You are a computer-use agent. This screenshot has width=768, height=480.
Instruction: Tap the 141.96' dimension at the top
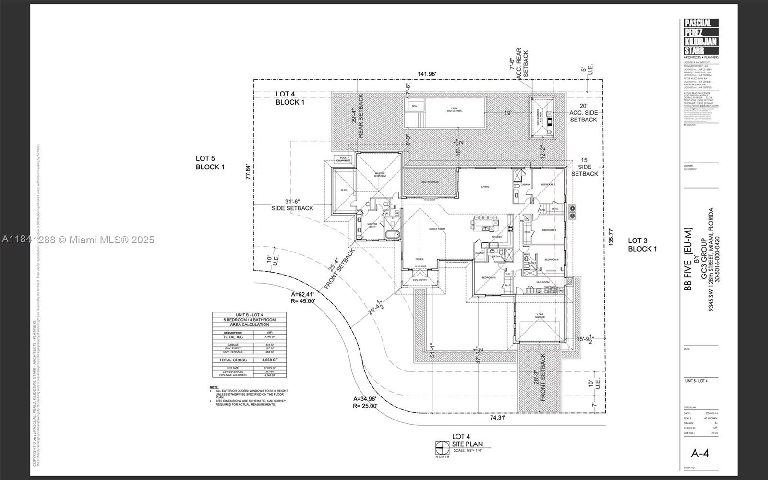click(427, 74)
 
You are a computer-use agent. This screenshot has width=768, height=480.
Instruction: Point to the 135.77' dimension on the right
click(611, 237)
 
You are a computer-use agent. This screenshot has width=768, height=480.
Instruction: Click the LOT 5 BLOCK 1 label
click(210, 163)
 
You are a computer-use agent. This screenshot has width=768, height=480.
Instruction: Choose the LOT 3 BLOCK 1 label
click(642, 244)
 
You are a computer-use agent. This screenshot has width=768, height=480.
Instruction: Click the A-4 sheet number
click(699, 453)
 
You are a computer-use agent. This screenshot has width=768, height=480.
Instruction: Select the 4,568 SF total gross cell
click(270, 360)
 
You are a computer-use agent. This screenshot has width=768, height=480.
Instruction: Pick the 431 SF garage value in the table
click(269, 345)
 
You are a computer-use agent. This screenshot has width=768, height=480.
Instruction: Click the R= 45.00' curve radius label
click(303, 301)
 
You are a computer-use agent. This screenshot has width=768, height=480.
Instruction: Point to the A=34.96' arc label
click(365, 398)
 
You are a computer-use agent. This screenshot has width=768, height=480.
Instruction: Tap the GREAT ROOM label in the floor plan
click(437, 229)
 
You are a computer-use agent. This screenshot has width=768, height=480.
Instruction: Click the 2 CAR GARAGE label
click(540, 316)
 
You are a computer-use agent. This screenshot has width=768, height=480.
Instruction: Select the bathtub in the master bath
click(392, 235)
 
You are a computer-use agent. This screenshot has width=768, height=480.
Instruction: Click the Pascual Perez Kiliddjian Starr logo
click(701, 37)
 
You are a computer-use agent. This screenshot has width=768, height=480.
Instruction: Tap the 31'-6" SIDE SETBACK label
click(292, 204)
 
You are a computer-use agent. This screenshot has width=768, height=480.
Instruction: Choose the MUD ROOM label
click(543, 282)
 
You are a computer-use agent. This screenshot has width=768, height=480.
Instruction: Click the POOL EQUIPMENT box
click(343, 159)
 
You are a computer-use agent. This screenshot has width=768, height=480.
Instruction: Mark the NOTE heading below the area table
click(214, 387)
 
